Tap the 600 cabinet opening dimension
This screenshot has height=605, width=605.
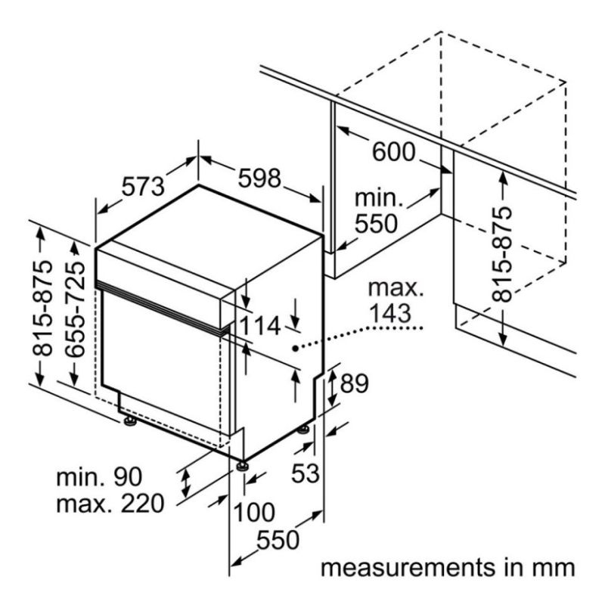point(393,152)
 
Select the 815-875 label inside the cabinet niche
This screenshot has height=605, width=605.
point(501,253)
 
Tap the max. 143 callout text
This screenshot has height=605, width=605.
point(391,299)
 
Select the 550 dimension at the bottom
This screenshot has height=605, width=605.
point(278,540)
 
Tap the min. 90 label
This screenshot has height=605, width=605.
point(98,476)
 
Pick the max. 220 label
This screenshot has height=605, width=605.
point(110,503)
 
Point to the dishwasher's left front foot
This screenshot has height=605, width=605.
point(130,420)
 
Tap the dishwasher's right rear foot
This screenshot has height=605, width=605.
point(303,429)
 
